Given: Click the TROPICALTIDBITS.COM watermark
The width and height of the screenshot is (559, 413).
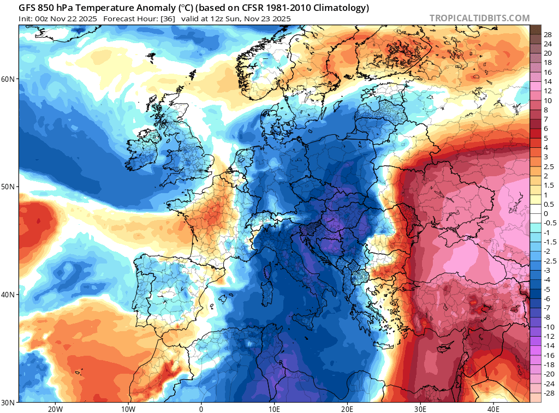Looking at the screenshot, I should pos(479,18).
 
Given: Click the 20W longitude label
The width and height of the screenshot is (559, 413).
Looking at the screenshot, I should pos(55,408).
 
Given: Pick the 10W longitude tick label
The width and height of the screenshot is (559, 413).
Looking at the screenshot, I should pos(128,408).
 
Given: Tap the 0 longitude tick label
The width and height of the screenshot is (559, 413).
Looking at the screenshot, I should pos(201,408).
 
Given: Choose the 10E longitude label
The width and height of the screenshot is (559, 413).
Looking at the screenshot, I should pos(274,408).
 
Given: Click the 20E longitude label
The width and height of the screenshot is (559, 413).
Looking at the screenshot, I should pos(347,408).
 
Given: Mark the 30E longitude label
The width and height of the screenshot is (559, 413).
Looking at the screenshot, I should pos(420,408).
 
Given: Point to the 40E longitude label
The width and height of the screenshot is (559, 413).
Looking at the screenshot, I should pos(493,408).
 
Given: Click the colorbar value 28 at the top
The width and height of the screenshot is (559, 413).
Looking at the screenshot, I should pos(548,34).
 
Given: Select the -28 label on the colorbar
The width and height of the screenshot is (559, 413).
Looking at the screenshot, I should pos(548,393).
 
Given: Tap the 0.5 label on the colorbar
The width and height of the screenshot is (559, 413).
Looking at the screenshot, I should pos(549,204).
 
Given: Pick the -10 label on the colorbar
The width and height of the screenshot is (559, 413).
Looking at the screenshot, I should pos(548,327).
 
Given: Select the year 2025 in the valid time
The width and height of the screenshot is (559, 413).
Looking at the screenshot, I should pos(281,19).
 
